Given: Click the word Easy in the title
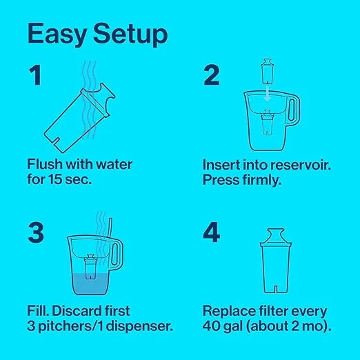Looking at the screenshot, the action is point(57,34).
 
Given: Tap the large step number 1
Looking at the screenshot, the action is point(35,75).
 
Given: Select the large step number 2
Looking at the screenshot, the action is point(212,75).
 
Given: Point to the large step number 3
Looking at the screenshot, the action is point(36,232).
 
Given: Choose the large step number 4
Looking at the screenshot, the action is point(212,232).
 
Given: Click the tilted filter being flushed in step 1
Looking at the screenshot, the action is point(79,118).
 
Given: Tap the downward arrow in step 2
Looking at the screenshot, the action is point(267,93).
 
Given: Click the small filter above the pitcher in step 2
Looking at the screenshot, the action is point(268,72).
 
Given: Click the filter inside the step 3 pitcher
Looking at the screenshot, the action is point(90,267).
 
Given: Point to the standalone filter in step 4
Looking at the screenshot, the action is point(276,261).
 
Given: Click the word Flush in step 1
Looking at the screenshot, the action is point(45,164).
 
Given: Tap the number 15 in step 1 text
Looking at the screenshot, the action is point(55,179).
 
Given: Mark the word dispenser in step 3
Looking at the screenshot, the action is point(139,326).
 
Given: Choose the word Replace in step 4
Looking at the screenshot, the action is point(229,311).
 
